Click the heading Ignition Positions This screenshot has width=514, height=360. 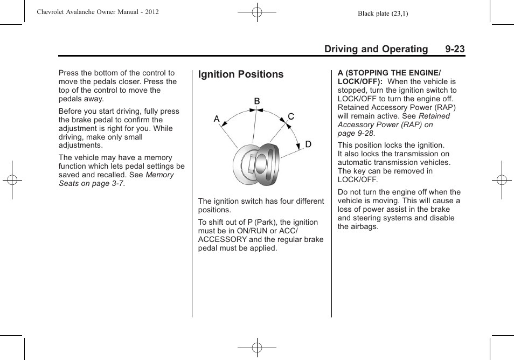(241, 74)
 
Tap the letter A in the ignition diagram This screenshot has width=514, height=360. (217, 119)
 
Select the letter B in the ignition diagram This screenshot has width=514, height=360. (257, 101)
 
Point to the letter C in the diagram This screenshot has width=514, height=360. (291, 116)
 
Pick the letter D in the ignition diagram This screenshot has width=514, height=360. (308, 144)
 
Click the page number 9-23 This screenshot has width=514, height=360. (455, 49)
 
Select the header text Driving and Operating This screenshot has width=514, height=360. (376, 49)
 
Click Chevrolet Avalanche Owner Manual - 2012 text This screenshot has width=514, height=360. (98, 12)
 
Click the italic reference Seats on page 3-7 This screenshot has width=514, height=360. (91, 183)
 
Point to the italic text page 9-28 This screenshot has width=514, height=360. (355, 133)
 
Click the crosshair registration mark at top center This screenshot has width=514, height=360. (257, 11)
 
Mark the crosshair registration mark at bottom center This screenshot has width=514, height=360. (257, 348)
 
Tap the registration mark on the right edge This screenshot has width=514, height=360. (502, 180)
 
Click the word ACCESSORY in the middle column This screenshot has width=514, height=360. (223, 239)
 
